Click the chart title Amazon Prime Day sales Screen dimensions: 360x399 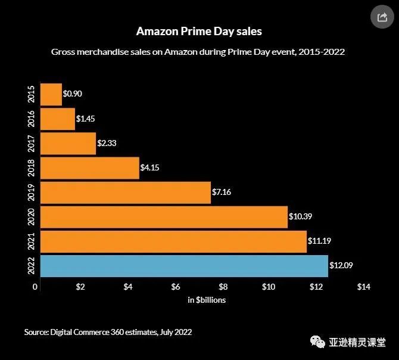click(x=199, y=30)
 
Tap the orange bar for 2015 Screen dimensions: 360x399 click(x=51, y=94)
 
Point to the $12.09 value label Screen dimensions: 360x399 click(x=342, y=265)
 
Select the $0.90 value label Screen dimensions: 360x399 click(x=73, y=94)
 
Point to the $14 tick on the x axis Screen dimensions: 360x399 click(x=363, y=287)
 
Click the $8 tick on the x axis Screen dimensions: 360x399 click(x=223, y=287)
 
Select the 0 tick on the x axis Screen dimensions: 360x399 click(x=35, y=287)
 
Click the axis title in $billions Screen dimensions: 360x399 click(x=207, y=300)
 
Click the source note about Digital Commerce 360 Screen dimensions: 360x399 click(x=108, y=332)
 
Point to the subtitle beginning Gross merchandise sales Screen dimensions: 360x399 click(x=199, y=52)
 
